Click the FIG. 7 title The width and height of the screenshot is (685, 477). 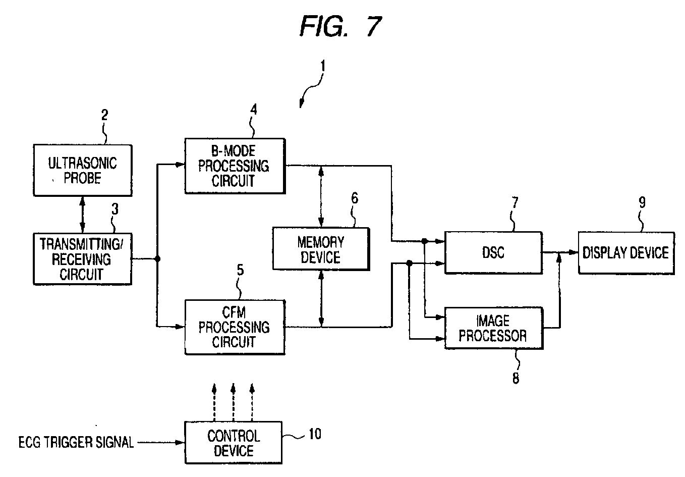click(340, 26)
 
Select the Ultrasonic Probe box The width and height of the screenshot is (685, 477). click(83, 171)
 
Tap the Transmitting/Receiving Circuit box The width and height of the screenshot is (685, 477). click(82, 258)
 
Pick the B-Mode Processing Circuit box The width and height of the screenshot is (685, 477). click(234, 166)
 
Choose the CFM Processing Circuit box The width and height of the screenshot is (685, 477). click(234, 327)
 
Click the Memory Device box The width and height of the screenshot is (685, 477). click(320, 249)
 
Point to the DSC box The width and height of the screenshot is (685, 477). click(493, 252)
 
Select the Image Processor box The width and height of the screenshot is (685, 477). click(493, 328)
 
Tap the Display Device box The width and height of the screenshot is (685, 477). click(625, 252)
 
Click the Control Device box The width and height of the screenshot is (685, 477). click(234, 443)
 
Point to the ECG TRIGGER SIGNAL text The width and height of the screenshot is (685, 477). click(76, 443)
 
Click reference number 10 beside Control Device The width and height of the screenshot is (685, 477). click(314, 434)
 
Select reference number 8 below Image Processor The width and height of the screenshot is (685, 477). click(516, 378)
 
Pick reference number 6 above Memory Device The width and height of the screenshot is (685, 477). click(355, 198)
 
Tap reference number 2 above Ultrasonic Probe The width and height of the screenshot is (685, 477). click(104, 115)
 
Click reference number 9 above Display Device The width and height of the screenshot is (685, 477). click(642, 202)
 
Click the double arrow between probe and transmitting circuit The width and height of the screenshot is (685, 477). click(83, 214)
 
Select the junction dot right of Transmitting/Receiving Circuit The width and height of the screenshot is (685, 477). click(157, 259)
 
